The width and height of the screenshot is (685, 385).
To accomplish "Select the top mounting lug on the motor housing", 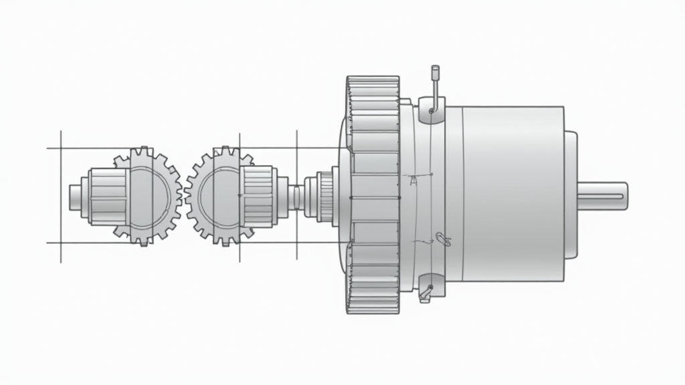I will coord(431,110).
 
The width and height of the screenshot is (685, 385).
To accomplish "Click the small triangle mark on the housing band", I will coord(413,179).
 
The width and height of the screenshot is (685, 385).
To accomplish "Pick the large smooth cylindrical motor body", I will coord(512,194).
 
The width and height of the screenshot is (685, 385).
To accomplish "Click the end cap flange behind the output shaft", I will coord(571,194).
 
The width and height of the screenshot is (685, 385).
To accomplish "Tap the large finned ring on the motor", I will coord(373,194).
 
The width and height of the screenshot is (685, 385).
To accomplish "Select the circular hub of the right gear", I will coord(219,195).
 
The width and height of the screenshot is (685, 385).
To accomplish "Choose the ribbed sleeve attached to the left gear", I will coord(107,195).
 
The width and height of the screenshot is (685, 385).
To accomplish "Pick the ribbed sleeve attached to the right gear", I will coord(258,195).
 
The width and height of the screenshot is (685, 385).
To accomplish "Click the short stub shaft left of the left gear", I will coord(75,195).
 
